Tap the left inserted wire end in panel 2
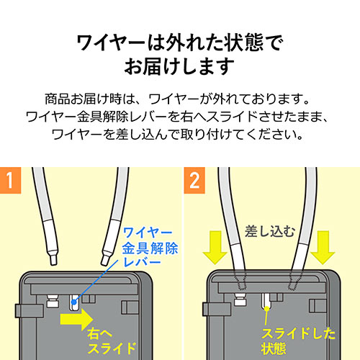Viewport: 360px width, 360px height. pos(240,279)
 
